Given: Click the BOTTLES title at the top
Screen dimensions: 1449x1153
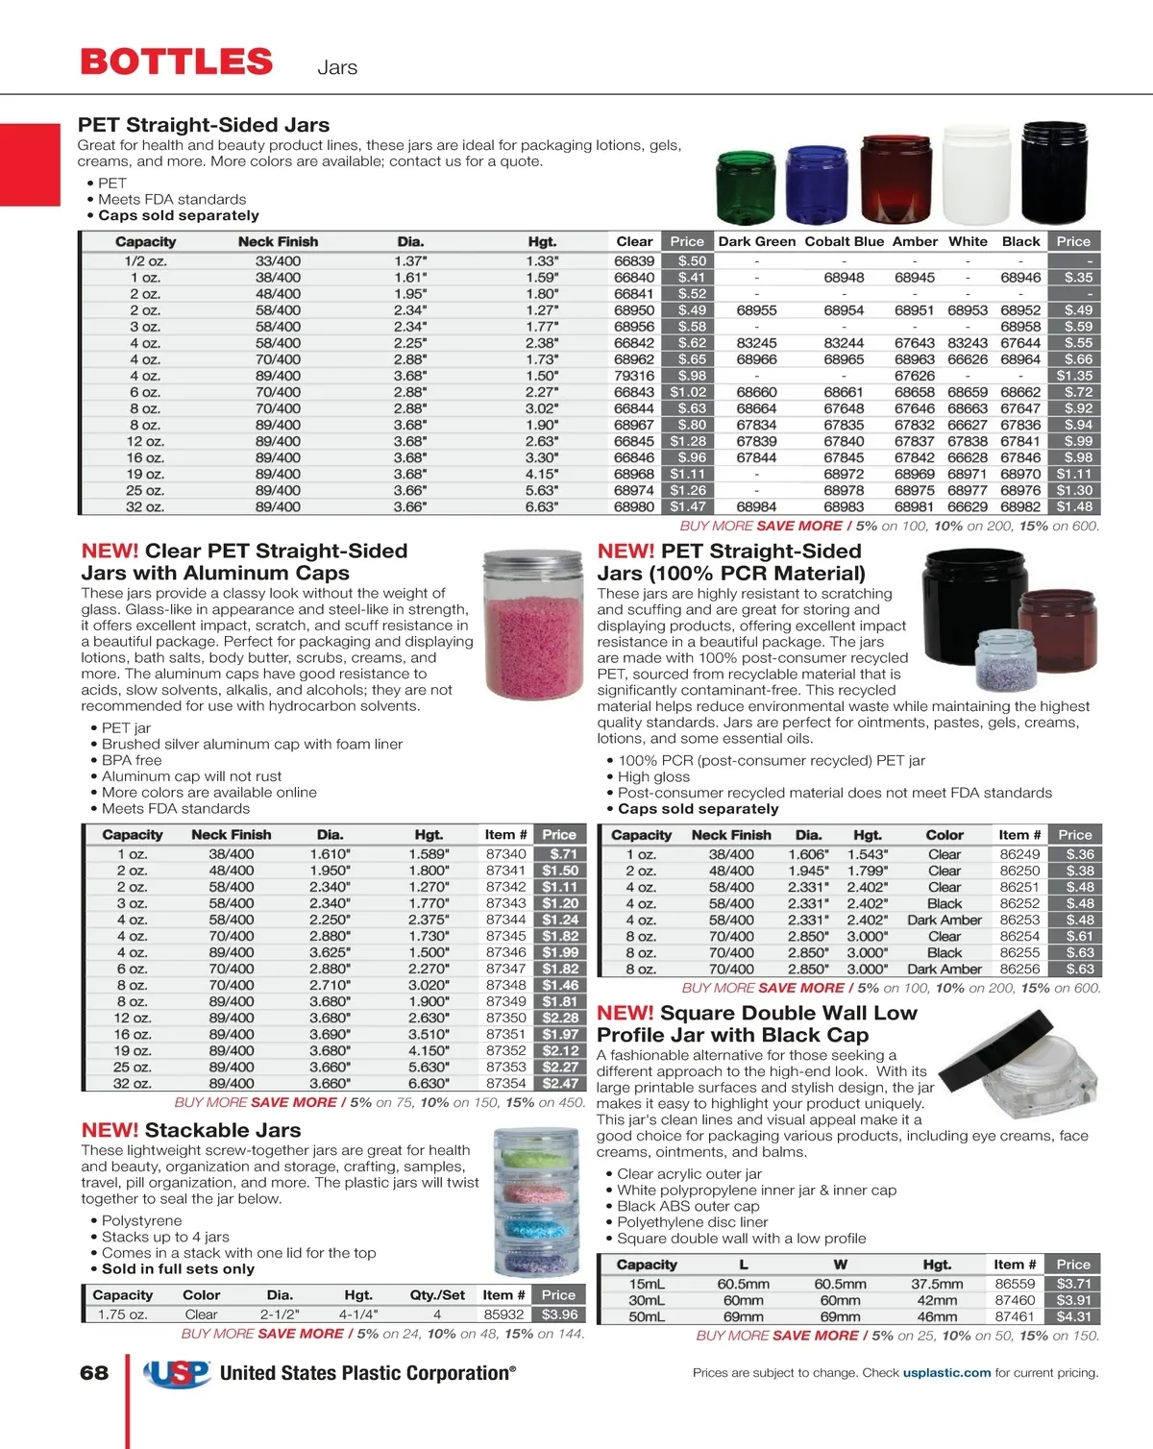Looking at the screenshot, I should click(177, 62).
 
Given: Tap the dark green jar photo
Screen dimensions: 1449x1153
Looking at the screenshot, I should click(746, 184).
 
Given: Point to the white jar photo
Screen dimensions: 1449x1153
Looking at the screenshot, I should click(975, 176).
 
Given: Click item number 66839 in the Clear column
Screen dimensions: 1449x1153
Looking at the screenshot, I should click(634, 261).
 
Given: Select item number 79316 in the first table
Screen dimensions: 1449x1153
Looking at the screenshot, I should click(634, 376).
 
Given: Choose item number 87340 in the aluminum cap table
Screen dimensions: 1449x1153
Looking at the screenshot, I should click(505, 854).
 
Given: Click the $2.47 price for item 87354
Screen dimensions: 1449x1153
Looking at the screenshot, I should click(560, 1083).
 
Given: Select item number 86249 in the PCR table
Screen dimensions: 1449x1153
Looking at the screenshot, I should click(1019, 854).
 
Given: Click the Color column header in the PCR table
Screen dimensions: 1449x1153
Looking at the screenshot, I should click(944, 835).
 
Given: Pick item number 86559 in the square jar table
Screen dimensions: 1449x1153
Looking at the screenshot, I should click(1015, 1284).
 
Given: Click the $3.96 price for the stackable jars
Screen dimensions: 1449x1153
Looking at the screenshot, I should click(559, 1314).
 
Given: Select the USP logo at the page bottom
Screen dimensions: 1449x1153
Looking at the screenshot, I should click(178, 1374).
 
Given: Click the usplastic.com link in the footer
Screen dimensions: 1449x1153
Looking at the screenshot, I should click(946, 1373).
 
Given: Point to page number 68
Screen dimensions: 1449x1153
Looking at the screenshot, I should click(94, 1373).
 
